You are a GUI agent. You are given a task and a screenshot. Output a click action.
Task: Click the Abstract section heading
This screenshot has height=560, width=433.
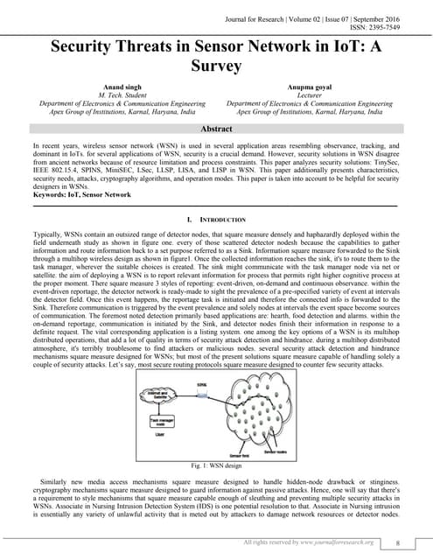click(x=216, y=129)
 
